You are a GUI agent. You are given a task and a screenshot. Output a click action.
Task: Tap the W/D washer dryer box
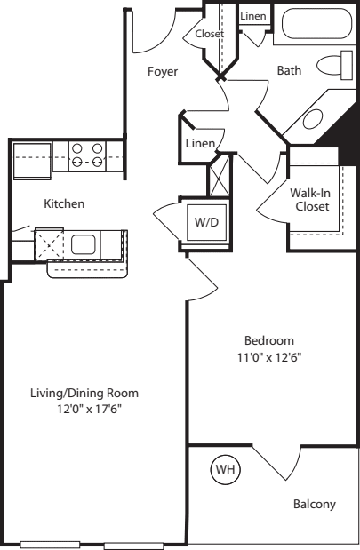[206, 221]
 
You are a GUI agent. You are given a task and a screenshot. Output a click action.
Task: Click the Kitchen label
[64, 203]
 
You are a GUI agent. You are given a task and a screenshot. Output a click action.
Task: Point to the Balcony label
[314, 505]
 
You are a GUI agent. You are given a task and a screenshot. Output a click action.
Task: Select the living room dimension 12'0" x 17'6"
[88, 411]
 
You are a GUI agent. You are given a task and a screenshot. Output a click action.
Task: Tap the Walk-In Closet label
[311, 199]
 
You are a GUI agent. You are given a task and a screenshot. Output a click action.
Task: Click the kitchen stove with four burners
[87, 156]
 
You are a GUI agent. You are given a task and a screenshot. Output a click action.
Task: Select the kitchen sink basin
[84, 244]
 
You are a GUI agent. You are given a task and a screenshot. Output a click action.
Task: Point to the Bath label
[289, 71]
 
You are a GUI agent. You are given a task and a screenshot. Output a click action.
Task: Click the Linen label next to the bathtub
[253, 15]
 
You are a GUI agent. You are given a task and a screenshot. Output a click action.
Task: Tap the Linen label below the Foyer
[199, 144]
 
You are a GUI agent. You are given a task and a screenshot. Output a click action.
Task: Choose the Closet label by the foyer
[210, 34]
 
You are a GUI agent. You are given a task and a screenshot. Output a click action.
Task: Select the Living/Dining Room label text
[97, 393]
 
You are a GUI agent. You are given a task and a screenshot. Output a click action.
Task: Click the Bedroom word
[268, 341]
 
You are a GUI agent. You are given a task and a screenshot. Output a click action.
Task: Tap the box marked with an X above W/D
[219, 173]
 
